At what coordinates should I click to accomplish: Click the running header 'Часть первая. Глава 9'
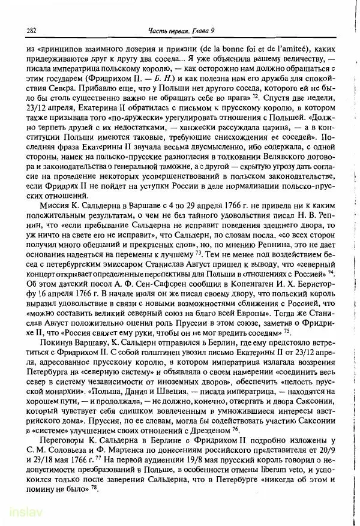point(179,31)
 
